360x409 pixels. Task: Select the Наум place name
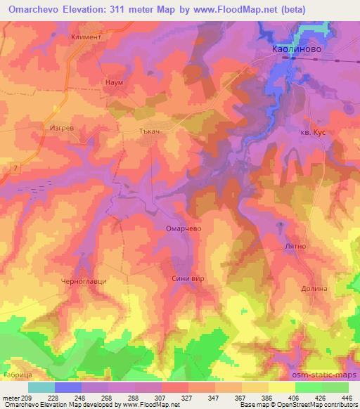click(114, 82)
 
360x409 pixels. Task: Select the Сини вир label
click(188, 279)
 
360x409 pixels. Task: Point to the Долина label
click(315, 289)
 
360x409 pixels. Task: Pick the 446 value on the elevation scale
click(345, 398)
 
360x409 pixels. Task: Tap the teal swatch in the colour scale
click(41, 387)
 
